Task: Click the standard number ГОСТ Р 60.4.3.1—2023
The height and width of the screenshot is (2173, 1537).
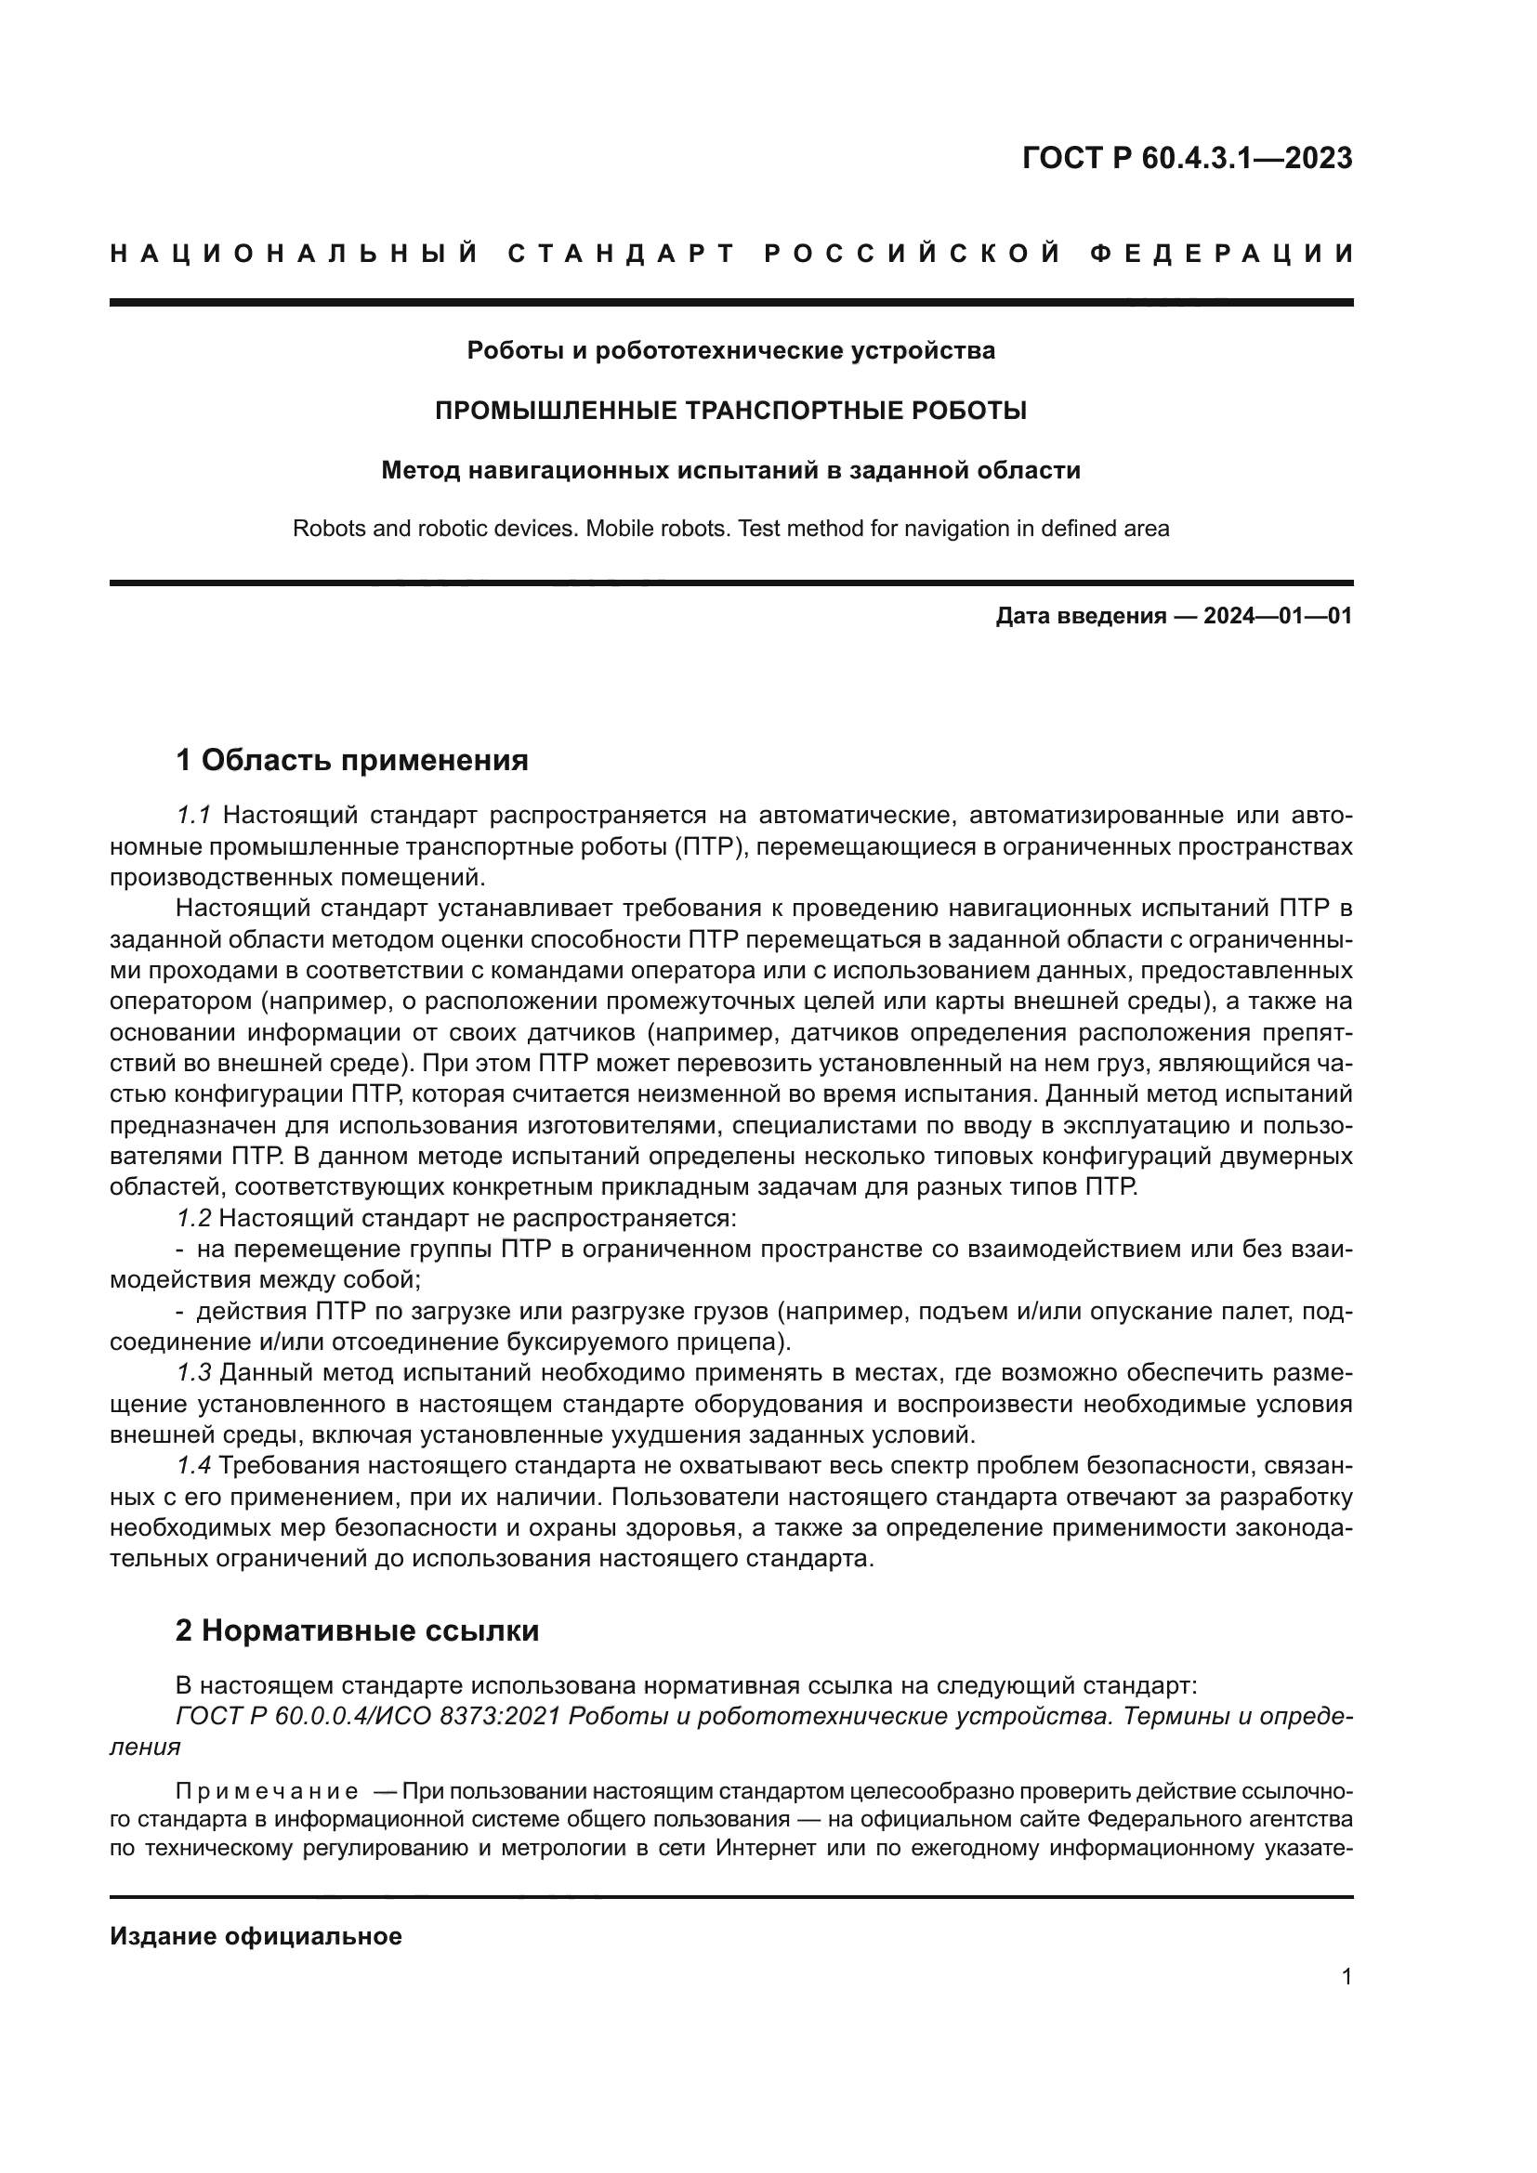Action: point(1187,158)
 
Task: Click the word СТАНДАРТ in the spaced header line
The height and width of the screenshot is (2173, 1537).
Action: point(622,254)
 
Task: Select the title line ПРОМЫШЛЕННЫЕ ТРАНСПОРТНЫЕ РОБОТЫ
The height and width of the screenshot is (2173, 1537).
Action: point(730,411)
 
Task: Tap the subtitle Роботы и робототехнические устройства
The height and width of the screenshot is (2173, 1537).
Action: point(730,351)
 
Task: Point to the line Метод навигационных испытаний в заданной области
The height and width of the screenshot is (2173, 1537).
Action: point(730,470)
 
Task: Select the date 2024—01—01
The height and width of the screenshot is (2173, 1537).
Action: point(1277,617)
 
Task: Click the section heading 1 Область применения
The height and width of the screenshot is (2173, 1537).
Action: point(352,760)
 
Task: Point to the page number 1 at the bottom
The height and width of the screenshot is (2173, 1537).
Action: point(1347,1977)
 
